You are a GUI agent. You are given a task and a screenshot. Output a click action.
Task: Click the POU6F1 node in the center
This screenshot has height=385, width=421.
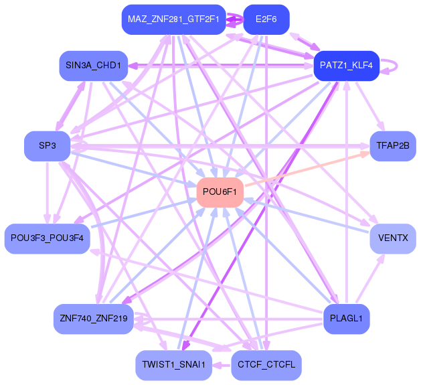(220, 192)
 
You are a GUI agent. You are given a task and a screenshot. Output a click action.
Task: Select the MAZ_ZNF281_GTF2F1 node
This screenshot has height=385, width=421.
(173, 19)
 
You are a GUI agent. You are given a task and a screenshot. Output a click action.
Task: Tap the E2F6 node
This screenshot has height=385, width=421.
(266, 19)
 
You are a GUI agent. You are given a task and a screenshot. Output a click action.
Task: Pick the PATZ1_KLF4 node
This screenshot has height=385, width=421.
(346, 66)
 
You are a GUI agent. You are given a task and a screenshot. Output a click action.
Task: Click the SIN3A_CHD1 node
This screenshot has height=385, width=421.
(93, 66)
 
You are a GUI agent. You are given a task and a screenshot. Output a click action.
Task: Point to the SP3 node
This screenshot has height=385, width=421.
(47, 145)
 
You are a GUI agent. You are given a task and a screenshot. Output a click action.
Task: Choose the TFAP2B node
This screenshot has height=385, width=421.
(393, 145)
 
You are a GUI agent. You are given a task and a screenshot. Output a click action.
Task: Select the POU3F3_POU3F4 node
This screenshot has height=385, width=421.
(47, 238)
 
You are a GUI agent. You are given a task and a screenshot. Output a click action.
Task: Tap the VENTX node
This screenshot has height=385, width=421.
(393, 238)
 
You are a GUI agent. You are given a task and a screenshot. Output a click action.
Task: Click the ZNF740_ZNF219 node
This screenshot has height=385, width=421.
(93, 318)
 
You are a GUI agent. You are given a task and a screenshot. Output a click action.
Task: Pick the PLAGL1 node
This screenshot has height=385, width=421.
(346, 318)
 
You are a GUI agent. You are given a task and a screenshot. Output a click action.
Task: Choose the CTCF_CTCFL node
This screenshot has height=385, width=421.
(266, 365)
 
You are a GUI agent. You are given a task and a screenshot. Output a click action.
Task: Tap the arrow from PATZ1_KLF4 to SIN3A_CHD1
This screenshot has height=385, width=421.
(221, 66)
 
